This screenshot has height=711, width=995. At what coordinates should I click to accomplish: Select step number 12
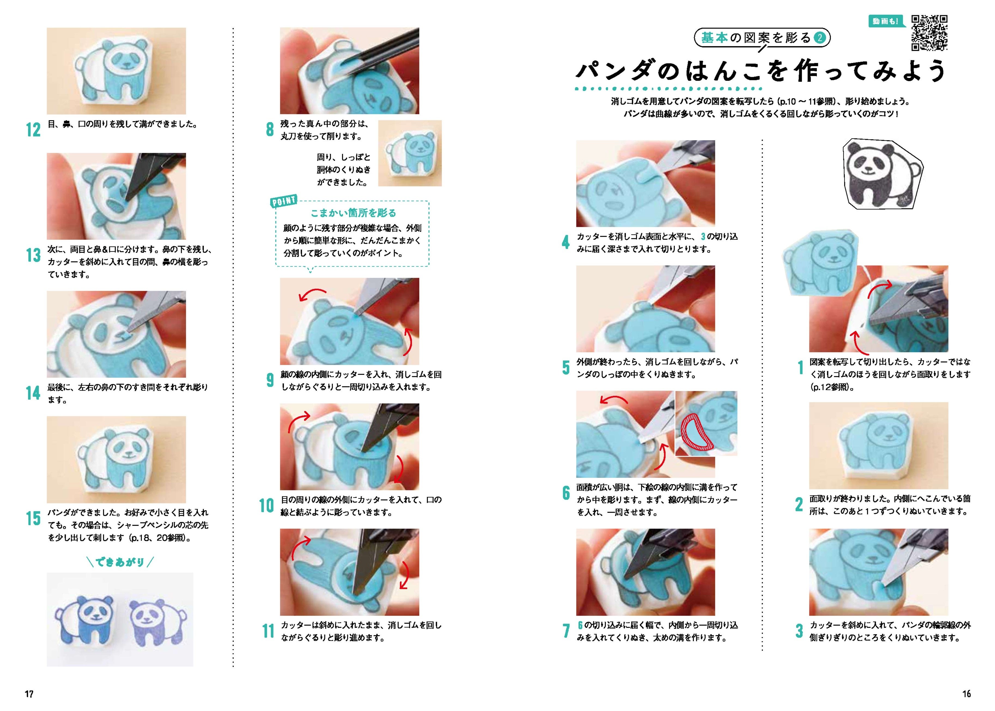click(x=33, y=130)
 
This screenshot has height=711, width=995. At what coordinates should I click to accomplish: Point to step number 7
click(x=565, y=631)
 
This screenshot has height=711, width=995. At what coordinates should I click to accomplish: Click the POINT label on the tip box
click(x=284, y=201)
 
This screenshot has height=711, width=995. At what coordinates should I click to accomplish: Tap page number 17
click(x=29, y=694)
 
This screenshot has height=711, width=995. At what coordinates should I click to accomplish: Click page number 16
click(x=967, y=694)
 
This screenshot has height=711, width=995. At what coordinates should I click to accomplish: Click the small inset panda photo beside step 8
click(x=410, y=153)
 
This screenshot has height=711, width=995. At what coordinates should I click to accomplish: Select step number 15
click(x=33, y=518)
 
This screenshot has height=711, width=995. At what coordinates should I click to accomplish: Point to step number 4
click(x=565, y=242)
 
